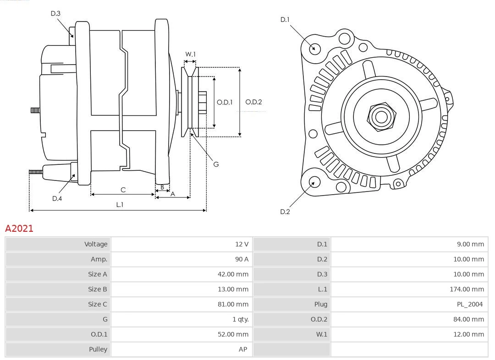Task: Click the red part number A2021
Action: tap(19, 229)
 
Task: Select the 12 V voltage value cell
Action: tap(242, 244)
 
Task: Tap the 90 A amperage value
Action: tap(242, 259)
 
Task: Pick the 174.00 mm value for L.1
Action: tap(467, 289)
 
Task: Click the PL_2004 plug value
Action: tap(470, 304)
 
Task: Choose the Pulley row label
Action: tap(98, 349)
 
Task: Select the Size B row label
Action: tap(97, 289)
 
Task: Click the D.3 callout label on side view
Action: tap(55, 14)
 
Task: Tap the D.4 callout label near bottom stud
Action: tap(57, 198)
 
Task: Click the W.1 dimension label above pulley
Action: tap(190, 55)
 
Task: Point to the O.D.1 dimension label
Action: tap(225, 102)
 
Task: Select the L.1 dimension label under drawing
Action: tap(120, 205)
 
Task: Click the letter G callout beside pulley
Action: tap(216, 164)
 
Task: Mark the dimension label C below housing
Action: tap(123, 190)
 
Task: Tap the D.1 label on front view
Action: tap(285, 20)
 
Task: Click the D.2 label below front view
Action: tap(285, 212)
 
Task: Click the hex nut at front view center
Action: tap(381, 117)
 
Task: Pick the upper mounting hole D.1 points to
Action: tap(314, 48)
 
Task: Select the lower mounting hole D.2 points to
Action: tap(314, 182)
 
